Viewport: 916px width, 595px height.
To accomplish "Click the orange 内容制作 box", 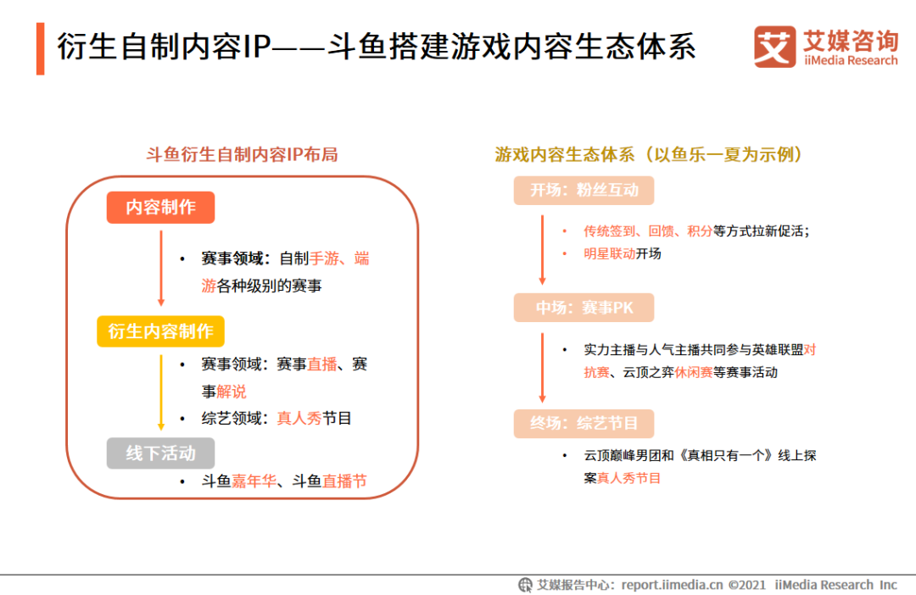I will tap(160, 208).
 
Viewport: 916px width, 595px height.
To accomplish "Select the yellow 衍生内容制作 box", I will tap(160, 331).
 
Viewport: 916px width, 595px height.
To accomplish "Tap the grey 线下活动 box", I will tap(160, 453).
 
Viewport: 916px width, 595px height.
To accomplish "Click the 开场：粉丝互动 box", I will tap(584, 191).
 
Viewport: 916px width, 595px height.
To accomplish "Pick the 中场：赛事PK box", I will tap(584, 308).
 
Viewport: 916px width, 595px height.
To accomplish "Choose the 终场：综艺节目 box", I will tap(584, 423).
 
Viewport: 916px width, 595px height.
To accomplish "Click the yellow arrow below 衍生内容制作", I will tap(161, 390).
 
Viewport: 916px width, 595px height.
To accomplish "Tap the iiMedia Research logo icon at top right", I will tap(774, 47).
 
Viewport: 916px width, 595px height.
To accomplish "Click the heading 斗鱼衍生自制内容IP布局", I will tap(242, 154).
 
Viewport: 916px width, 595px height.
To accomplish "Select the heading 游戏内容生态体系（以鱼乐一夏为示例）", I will tap(649, 154).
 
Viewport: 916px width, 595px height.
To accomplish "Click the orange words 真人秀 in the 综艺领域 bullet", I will tap(299, 419).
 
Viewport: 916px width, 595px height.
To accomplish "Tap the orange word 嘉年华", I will tap(254, 481).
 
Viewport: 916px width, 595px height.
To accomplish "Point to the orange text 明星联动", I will tap(609, 253).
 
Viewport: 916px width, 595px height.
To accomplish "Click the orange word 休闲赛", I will tap(693, 372).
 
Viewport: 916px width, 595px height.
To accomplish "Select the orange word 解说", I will tap(232, 392).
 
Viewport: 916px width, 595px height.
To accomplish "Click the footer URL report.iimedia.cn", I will tap(672, 585).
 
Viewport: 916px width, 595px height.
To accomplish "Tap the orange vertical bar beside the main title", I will tap(40, 49).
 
